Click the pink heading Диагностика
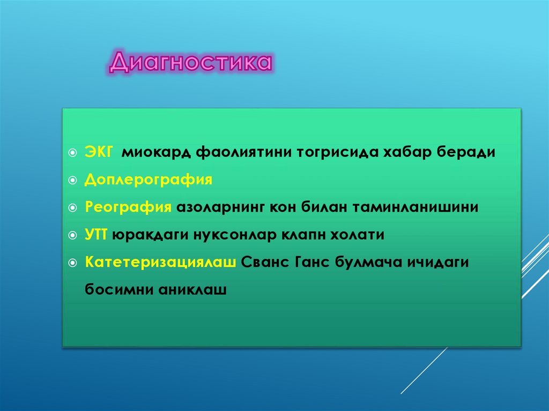point(191,63)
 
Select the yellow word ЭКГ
point(98,152)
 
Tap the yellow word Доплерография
point(148,180)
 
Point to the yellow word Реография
point(128,207)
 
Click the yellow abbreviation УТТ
point(97,235)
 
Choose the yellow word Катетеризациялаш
point(160,263)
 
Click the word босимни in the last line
point(118,290)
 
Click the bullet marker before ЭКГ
point(73,153)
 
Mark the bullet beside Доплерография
point(73,180)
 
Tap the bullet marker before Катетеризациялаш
point(73,263)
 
